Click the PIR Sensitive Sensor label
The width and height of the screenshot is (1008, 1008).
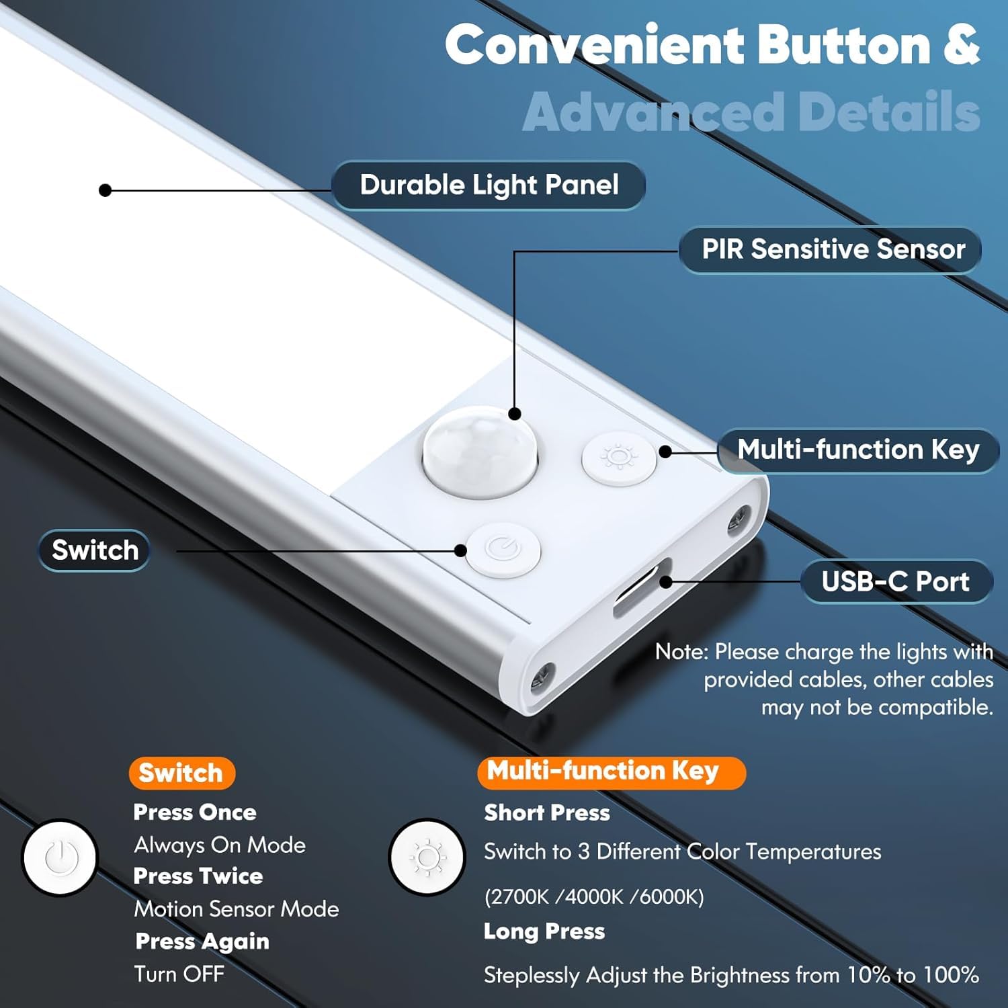click(x=832, y=249)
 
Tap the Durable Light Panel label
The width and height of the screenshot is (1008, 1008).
click(x=489, y=185)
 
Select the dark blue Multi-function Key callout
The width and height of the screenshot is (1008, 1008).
click(x=858, y=450)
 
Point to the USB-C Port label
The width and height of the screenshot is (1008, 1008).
click(x=895, y=581)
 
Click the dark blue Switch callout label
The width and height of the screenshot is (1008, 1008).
click(x=95, y=550)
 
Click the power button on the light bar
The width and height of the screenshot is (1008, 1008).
click(x=503, y=550)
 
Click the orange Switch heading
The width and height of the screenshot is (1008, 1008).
click(x=181, y=773)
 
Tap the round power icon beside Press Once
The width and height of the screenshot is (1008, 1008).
click(x=60, y=857)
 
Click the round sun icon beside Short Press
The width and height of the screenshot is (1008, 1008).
click(x=427, y=857)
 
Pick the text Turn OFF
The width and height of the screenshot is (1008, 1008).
click(x=179, y=974)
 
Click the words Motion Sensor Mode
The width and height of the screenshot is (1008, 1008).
click(x=237, y=909)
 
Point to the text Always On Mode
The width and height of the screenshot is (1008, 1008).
click(x=220, y=845)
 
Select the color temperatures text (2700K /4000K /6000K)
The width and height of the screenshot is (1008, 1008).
click(x=594, y=896)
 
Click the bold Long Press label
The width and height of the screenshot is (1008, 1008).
click(x=544, y=931)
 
